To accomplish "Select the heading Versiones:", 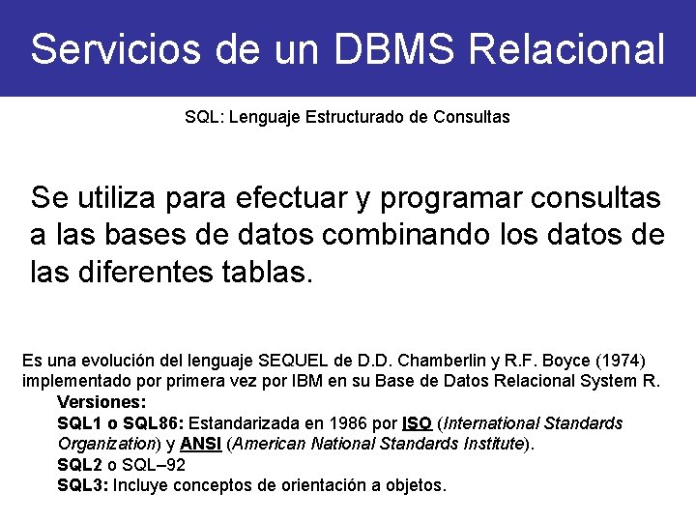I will [x=101, y=401].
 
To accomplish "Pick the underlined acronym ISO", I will [x=417, y=423].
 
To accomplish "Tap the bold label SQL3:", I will [x=83, y=484].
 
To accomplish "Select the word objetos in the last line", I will [x=415, y=484].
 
